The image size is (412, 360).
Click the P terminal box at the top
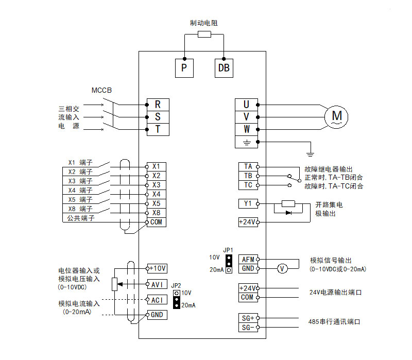(x=183, y=67)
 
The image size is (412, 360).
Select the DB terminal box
(x=224, y=67)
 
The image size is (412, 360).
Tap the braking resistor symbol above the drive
(x=204, y=35)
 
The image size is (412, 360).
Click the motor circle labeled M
(x=336, y=116)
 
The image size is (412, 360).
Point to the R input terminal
(x=158, y=104)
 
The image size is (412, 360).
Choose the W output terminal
(x=247, y=129)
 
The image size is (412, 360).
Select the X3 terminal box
(x=156, y=185)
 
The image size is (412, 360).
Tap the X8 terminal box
(x=156, y=213)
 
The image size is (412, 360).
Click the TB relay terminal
(x=248, y=176)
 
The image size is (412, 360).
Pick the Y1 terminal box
(x=248, y=203)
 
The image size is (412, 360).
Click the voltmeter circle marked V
(x=282, y=268)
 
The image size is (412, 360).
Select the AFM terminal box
(x=248, y=259)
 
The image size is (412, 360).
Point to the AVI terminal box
(x=157, y=284)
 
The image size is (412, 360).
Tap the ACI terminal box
(x=157, y=300)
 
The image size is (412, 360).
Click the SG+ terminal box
(x=248, y=318)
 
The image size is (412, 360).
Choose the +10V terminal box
(x=157, y=268)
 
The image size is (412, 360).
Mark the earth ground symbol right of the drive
(x=310, y=152)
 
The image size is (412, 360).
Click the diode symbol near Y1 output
(x=288, y=212)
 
